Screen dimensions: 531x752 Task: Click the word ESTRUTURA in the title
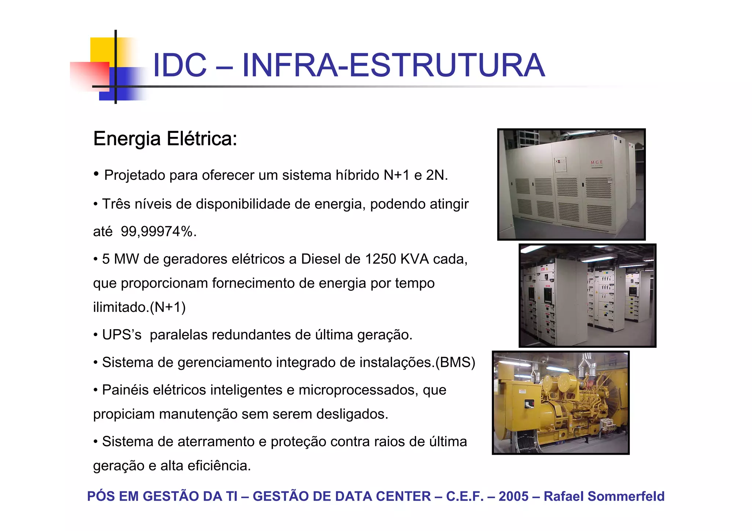pyautogui.click(x=446, y=65)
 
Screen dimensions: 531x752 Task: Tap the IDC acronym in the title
pyautogui.click(x=180, y=65)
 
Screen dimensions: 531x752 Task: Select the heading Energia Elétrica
pyautogui.click(x=165, y=139)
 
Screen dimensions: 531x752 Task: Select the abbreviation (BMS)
pyautogui.click(x=455, y=362)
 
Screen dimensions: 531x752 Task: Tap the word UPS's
pyautogui.click(x=122, y=335)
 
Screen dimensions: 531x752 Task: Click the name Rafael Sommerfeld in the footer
pyautogui.click(x=604, y=496)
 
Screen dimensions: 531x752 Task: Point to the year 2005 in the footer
pyautogui.click(x=513, y=496)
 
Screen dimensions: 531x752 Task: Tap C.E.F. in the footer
pyautogui.click(x=464, y=496)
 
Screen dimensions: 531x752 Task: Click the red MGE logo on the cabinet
pyautogui.click(x=597, y=163)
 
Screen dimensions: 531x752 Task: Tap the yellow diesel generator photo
pyautogui.click(x=561, y=403)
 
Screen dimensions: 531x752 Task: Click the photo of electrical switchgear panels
pyautogui.click(x=587, y=295)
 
